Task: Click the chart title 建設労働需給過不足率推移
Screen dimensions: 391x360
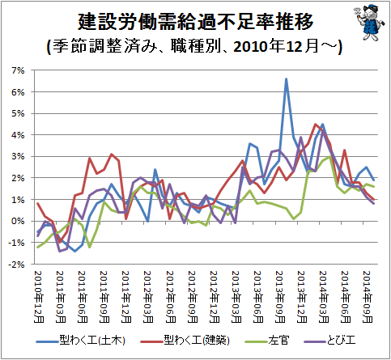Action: (x=195, y=21)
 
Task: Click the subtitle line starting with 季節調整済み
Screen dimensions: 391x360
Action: (x=195, y=47)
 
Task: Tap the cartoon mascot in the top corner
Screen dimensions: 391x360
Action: (x=369, y=23)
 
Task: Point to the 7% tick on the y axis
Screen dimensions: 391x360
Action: (x=18, y=70)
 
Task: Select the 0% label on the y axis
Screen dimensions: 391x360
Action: (x=18, y=221)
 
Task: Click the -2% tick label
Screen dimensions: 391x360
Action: (x=16, y=265)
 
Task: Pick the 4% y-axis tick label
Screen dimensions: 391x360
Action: (x=18, y=135)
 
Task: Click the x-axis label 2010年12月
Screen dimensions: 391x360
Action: (x=39, y=297)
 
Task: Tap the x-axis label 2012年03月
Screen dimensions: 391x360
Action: (x=148, y=297)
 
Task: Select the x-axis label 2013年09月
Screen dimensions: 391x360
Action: (x=280, y=297)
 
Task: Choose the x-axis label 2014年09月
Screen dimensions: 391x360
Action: (x=368, y=297)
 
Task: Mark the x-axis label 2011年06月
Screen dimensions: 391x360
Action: (x=83, y=297)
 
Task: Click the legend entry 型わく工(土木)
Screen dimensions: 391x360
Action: (x=81, y=341)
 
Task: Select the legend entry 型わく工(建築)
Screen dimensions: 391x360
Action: (x=185, y=341)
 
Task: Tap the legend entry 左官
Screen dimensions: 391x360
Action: (x=267, y=341)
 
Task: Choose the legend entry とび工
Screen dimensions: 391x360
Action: (x=329, y=341)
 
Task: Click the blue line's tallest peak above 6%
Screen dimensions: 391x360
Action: (x=286, y=79)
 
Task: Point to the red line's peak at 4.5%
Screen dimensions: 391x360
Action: (x=315, y=124)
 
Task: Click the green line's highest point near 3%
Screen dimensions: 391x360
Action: (x=329, y=156)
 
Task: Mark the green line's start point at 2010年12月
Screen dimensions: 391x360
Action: (x=38, y=247)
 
